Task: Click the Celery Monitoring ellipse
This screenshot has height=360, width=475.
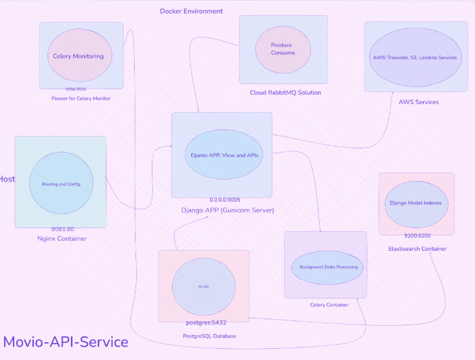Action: pyautogui.click(x=78, y=56)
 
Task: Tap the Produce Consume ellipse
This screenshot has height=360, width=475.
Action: pyautogui.click(x=282, y=49)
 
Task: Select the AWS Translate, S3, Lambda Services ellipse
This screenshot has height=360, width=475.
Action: pyautogui.click(x=415, y=57)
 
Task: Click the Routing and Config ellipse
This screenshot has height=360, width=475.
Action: pyautogui.click(x=61, y=184)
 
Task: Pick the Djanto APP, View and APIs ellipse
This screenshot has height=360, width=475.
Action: pyautogui.click(x=224, y=155)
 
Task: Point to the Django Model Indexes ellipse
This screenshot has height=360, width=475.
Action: pyautogui.click(x=415, y=203)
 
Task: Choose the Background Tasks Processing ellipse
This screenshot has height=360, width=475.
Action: pyautogui.click(x=328, y=267)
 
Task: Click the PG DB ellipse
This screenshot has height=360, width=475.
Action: pyautogui.click(x=203, y=286)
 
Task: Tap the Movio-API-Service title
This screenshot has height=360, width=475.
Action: pyautogui.click(x=66, y=342)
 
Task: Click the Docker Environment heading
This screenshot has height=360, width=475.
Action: pyautogui.click(x=191, y=11)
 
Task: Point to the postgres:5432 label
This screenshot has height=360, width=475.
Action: pyautogui.click(x=206, y=323)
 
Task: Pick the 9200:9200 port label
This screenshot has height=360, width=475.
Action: pyautogui.click(x=417, y=235)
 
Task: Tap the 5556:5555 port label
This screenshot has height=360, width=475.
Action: pyautogui.click(x=80, y=89)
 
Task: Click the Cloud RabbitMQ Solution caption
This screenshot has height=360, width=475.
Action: pyautogui.click(x=285, y=93)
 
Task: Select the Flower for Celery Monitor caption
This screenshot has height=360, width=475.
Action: pyautogui.click(x=81, y=98)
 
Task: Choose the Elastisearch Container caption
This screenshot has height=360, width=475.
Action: pyautogui.click(x=417, y=249)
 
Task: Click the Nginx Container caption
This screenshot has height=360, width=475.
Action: pyautogui.click(x=61, y=239)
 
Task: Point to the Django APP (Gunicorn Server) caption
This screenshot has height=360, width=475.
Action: pyautogui.click(x=227, y=210)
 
